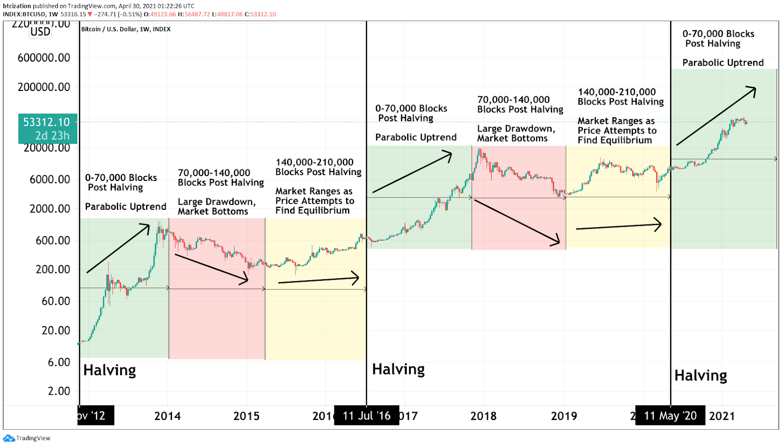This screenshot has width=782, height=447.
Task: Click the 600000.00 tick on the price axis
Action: point(44,58)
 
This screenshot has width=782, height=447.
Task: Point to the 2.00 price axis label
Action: point(59,391)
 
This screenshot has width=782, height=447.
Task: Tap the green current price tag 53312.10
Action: point(47,128)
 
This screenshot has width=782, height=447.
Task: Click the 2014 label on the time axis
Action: point(167,416)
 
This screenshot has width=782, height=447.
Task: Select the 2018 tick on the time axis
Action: point(483,416)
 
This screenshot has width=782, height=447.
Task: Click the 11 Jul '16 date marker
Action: point(367,416)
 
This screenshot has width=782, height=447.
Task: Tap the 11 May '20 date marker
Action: point(670,416)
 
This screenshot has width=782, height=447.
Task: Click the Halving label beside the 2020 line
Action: point(700,376)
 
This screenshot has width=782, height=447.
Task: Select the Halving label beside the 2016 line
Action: point(398,369)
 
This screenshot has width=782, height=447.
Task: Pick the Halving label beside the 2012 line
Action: point(109,370)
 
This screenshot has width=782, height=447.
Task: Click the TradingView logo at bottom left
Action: point(27,438)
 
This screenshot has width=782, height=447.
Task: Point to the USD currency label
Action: point(40,32)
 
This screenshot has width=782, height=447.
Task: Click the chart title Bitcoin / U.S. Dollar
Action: point(126,29)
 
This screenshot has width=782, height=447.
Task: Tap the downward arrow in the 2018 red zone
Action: point(517,223)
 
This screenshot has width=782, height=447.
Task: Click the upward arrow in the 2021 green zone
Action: point(716,116)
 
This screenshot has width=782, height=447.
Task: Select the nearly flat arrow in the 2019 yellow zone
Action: point(619,226)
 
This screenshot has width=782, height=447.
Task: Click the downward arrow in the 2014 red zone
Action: point(212,268)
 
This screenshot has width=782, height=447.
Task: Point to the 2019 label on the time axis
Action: point(564,416)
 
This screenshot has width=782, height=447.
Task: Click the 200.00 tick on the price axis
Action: point(53,269)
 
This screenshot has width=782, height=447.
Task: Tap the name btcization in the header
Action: point(17,6)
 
